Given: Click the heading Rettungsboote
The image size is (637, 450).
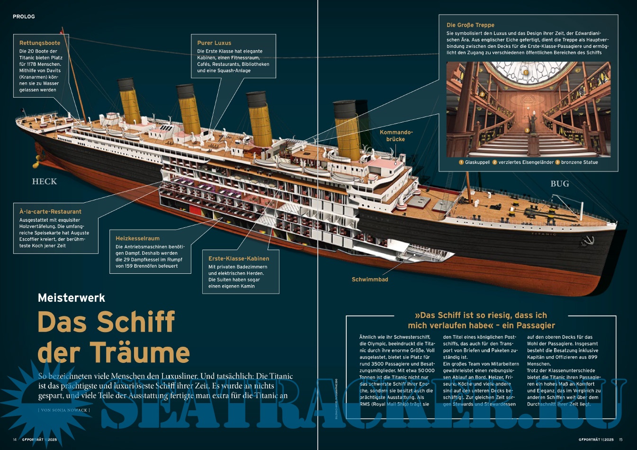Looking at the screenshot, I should (x=40, y=43).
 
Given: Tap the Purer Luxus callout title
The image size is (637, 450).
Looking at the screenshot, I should (x=214, y=43).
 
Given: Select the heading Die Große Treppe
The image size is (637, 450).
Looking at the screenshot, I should (x=470, y=25).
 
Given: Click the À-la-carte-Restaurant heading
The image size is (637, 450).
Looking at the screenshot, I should (x=50, y=212).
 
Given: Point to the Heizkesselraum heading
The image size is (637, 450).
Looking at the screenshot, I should (x=137, y=239).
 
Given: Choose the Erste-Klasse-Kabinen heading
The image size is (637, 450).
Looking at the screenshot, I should (x=239, y=259).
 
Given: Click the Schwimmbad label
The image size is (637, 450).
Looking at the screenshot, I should (x=370, y=279).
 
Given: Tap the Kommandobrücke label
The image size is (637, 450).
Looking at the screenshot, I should (x=396, y=135).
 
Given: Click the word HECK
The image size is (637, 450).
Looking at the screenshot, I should (x=45, y=181).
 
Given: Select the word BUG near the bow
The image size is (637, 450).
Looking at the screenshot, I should (x=559, y=184).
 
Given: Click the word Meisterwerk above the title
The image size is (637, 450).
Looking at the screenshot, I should (x=72, y=298).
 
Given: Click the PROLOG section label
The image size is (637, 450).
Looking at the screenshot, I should (x=24, y=17).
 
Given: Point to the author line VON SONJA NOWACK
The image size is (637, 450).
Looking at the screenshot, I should (x=64, y=410).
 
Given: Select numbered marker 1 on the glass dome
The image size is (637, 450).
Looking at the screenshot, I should (x=525, y=72).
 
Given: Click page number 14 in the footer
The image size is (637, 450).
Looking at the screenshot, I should (x=15, y=440).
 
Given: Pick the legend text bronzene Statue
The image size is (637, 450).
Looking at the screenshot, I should (x=579, y=162).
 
